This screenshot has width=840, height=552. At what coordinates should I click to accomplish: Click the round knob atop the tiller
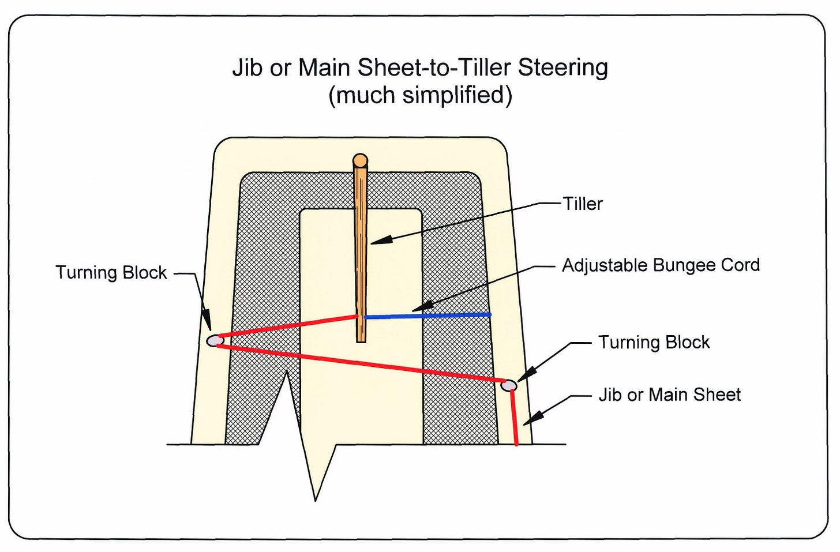tap(360, 160)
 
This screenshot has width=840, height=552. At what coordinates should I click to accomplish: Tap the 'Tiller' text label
tap(582, 204)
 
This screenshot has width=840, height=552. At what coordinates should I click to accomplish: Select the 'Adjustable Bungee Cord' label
tap(661, 265)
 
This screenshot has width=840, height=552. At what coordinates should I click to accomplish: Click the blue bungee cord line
tap(427, 316)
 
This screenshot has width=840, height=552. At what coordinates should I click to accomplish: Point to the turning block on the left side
tap(215, 340)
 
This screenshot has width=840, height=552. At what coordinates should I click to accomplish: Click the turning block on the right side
tap(509, 385)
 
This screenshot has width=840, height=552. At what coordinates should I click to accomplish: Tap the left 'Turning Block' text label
tap(111, 273)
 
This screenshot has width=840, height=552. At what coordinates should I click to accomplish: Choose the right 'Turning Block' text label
tap(654, 343)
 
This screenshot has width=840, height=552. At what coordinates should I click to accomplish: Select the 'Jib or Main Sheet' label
tap(670, 395)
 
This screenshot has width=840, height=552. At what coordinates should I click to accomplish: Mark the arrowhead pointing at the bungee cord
tap(422, 307)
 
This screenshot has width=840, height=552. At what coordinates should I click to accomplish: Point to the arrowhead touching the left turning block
tap(207, 321)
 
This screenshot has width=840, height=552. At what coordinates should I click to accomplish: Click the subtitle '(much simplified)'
tap(420, 95)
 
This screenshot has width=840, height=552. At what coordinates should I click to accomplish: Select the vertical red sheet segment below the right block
tap(514, 418)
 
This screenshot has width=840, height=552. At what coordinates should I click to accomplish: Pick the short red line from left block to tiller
tap(288, 326)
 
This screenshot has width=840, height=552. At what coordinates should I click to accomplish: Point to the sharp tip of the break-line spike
tap(316, 501)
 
